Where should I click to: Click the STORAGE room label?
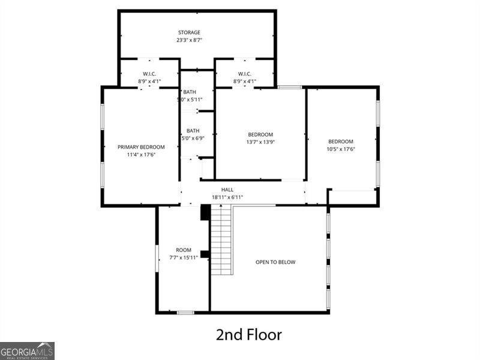(189, 32)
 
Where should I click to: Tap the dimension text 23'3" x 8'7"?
(189, 40)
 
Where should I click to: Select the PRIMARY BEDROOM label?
(141, 147)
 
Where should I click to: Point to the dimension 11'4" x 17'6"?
(141, 155)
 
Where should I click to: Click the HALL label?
(227, 190)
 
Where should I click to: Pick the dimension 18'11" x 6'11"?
(227, 197)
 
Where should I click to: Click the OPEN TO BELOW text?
(275, 262)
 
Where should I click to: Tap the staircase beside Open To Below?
(221, 240)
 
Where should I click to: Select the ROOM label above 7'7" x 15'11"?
(184, 250)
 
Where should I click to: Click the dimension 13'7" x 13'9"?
(260, 142)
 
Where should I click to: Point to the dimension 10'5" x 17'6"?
(341, 149)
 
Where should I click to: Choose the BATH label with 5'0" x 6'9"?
(193, 131)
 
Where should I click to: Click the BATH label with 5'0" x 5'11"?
(190, 92)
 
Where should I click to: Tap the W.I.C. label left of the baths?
(149, 74)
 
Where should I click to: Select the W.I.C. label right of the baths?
(244, 74)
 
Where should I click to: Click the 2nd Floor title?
(248, 334)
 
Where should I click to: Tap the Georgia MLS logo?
(27, 350)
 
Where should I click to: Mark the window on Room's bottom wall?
(185, 312)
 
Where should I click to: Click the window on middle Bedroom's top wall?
(290, 88)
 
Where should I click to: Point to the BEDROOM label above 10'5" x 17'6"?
(341, 142)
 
